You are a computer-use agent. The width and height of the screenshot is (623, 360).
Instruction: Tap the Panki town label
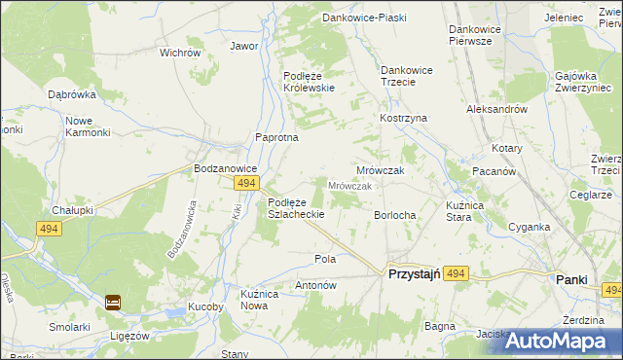571,278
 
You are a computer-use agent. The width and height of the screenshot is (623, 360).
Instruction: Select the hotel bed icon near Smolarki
113,302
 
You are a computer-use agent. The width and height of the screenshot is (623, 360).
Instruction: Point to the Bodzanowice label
225,167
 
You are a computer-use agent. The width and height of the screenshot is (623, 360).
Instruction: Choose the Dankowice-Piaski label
365,18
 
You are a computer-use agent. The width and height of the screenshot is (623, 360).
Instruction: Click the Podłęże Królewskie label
309,82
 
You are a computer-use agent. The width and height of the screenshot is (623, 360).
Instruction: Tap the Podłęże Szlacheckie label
301,207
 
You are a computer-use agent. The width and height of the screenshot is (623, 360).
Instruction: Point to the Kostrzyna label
404,118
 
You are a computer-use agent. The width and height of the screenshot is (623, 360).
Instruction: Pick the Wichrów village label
179,53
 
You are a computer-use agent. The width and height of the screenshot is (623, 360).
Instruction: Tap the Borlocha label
395,215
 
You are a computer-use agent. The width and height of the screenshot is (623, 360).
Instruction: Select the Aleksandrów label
496,110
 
